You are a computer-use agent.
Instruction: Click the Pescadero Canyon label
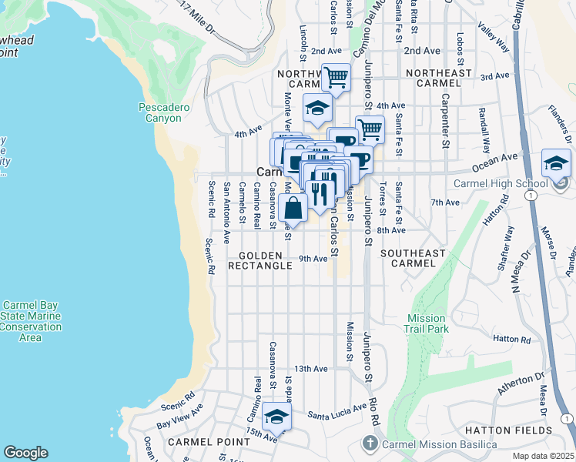click(x=160, y=112)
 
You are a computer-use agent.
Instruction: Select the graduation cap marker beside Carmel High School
click(x=556, y=165)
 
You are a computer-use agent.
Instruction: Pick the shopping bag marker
click(x=293, y=208)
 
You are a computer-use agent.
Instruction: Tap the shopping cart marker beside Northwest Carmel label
click(x=336, y=78)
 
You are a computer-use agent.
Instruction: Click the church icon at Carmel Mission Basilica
click(x=370, y=444)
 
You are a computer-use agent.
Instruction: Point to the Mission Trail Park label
click(x=426, y=323)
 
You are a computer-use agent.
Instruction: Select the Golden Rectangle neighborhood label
click(x=260, y=260)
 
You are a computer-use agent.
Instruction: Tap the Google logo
click(x=25, y=453)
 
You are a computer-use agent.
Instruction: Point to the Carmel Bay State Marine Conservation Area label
click(x=31, y=321)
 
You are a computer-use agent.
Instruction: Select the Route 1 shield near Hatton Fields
click(x=566, y=418)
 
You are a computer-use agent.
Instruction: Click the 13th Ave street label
click(x=311, y=369)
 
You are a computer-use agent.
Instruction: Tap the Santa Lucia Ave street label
click(x=337, y=413)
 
